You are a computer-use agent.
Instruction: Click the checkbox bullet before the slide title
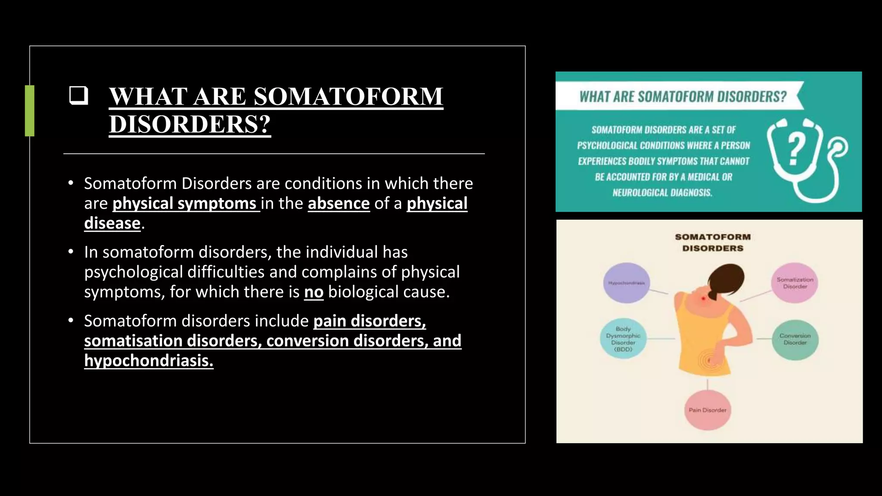pyautogui.click(x=78, y=96)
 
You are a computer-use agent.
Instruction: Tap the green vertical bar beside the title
pyautogui.click(x=30, y=111)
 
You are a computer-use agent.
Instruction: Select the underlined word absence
pyautogui.click(x=339, y=203)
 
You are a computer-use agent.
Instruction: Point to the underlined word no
pyautogui.click(x=314, y=292)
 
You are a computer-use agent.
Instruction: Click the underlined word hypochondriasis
pyautogui.click(x=149, y=360)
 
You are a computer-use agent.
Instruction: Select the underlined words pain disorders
pyautogui.click(x=370, y=321)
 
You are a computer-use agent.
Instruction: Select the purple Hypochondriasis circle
pyautogui.click(x=626, y=283)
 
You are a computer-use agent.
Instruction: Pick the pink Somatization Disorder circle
pyautogui.click(x=795, y=283)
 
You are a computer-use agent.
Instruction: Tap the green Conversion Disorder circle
pyautogui.click(x=795, y=339)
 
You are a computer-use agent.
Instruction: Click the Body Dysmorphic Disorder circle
pyautogui.click(x=623, y=339)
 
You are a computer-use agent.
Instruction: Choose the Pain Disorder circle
pyautogui.click(x=707, y=410)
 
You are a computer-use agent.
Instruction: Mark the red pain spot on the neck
pyautogui.click(x=703, y=298)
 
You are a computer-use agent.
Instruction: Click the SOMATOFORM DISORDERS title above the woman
pyautogui.click(x=713, y=242)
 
